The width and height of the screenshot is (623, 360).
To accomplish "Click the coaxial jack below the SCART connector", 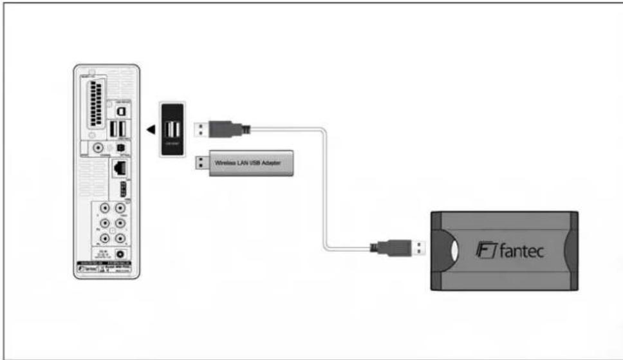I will pyautogui.click(x=98, y=149).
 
